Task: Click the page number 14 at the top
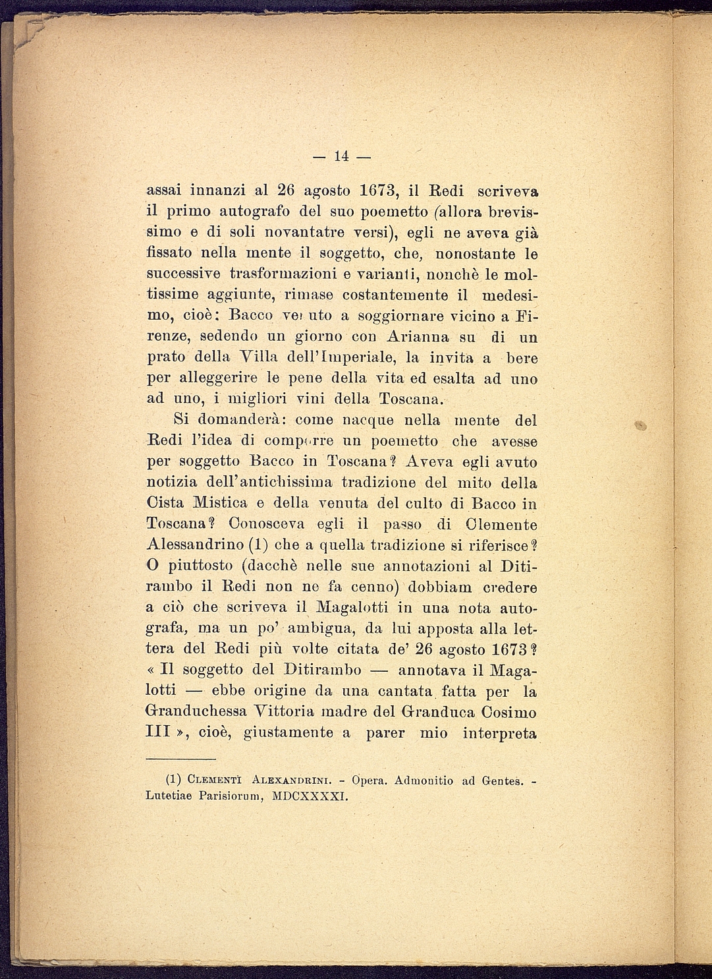pos(341,156)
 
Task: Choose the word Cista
pos(165,503)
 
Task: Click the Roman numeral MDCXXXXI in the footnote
pos(309,796)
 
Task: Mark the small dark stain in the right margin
pos(638,426)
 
